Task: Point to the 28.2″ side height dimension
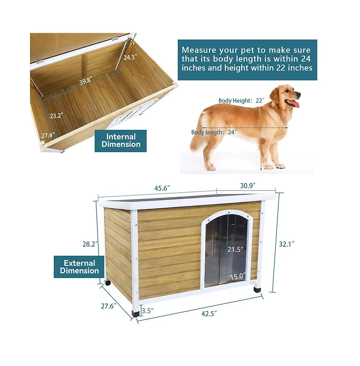(x=88, y=244)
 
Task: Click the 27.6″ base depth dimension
(x=109, y=306)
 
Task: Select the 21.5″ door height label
(x=235, y=249)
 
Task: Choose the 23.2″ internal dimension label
(x=56, y=116)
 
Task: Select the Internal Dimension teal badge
(x=121, y=140)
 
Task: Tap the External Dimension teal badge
(x=79, y=267)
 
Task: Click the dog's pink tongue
(x=295, y=104)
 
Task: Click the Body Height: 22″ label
(x=241, y=101)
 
